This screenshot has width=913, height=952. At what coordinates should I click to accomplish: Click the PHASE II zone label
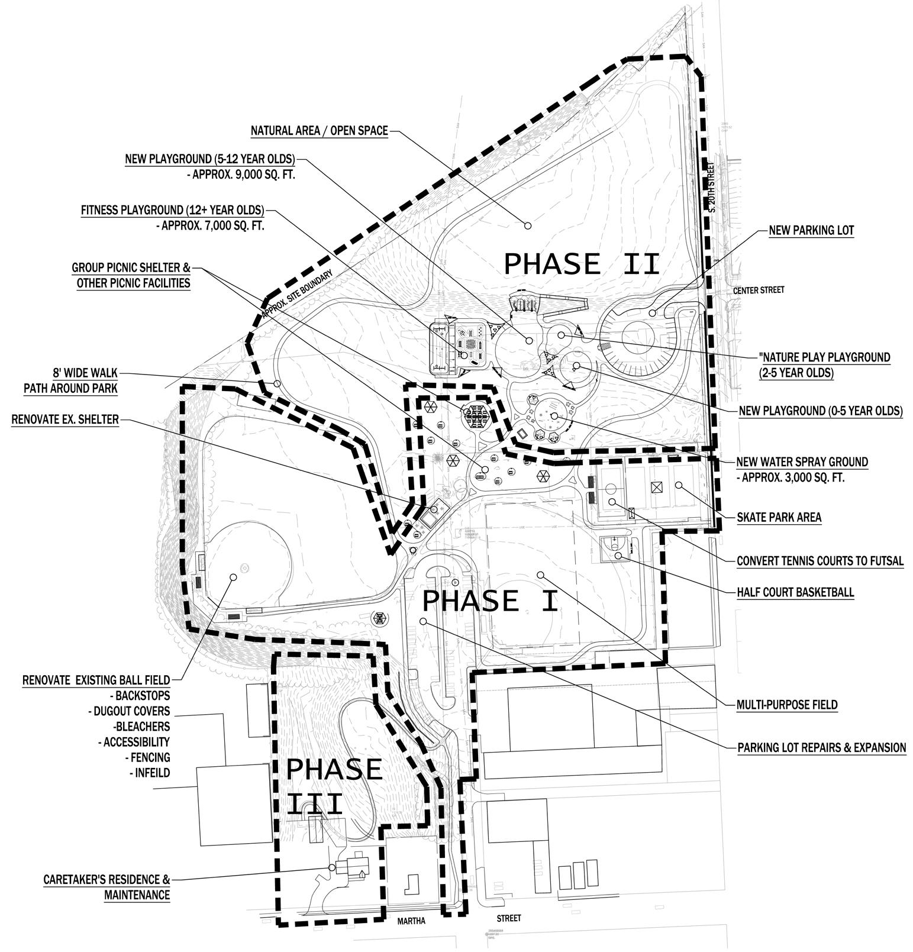click(581, 263)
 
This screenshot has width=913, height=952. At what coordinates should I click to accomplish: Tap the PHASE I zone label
click(490, 601)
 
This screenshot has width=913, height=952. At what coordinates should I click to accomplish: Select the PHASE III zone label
click(333, 787)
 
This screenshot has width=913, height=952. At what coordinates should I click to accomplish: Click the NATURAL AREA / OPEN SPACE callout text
click(319, 131)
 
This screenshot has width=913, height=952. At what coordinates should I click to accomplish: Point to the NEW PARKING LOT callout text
click(811, 230)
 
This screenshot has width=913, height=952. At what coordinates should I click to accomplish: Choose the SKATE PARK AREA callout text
click(779, 517)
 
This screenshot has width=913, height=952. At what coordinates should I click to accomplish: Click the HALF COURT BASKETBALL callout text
click(795, 592)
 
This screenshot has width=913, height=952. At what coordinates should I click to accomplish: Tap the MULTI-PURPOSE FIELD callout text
click(787, 704)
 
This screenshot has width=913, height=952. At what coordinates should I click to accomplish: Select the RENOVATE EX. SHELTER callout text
click(65, 419)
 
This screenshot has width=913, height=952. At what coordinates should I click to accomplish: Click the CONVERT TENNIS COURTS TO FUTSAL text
click(820, 561)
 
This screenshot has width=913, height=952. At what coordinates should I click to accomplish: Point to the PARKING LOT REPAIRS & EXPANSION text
click(821, 747)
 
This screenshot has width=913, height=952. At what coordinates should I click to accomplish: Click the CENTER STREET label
click(758, 290)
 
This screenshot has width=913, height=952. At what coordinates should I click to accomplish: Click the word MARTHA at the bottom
click(411, 921)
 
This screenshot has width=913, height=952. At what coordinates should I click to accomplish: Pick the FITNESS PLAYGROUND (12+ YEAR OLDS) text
click(172, 210)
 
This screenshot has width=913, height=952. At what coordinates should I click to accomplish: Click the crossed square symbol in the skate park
click(654, 487)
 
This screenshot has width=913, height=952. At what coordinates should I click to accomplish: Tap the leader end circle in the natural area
click(528, 225)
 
